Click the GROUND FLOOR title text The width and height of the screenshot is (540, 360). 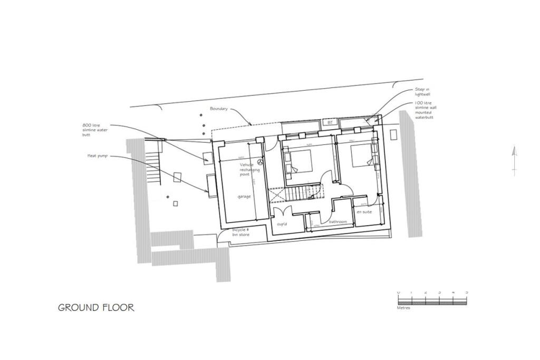point(96,307)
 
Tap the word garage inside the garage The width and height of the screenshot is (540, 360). point(244,197)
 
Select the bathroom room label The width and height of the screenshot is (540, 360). point(337,222)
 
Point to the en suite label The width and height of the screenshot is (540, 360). point(364,212)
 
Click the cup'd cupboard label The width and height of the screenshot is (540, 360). point(281,223)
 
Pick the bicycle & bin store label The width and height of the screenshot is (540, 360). point(240,233)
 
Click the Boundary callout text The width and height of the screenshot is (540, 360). point(219,109)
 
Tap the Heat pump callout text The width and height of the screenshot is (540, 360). point(98,156)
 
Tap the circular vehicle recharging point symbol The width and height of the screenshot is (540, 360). point(259,163)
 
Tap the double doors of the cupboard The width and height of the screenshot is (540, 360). point(279,213)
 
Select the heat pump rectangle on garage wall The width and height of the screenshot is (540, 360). point(211,186)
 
